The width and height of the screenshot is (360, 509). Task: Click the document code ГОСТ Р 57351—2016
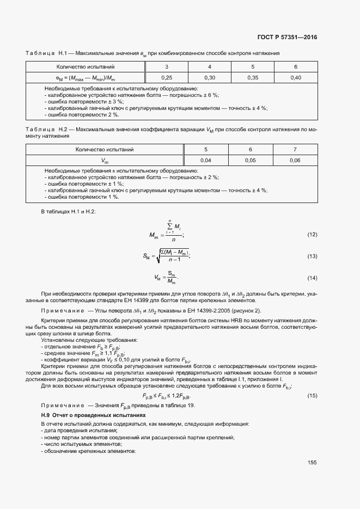click(286, 38)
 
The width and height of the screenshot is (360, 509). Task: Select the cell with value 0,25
click(166, 78)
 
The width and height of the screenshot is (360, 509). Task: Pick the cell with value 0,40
click(296, 78)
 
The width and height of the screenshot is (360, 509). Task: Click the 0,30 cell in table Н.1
click(210, 78)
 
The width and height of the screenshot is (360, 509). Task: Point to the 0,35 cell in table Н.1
click(253, 78)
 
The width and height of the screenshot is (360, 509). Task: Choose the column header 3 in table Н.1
click(166, 67)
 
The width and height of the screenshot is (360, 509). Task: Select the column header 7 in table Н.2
click(295, 149)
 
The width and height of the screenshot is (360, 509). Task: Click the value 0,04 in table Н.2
click(206, 160)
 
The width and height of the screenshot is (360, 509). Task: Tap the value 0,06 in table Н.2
click(295, 160)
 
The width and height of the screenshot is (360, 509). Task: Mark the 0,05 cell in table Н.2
click(251, 160)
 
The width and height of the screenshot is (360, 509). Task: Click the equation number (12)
click(312, 235)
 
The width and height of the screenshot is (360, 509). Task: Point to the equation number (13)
click(312, 256)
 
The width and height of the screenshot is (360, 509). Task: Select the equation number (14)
click(312, 278)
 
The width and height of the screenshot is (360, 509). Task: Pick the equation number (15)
click(312, 395)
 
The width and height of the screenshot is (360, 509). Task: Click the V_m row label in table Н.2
click(105, 161)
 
